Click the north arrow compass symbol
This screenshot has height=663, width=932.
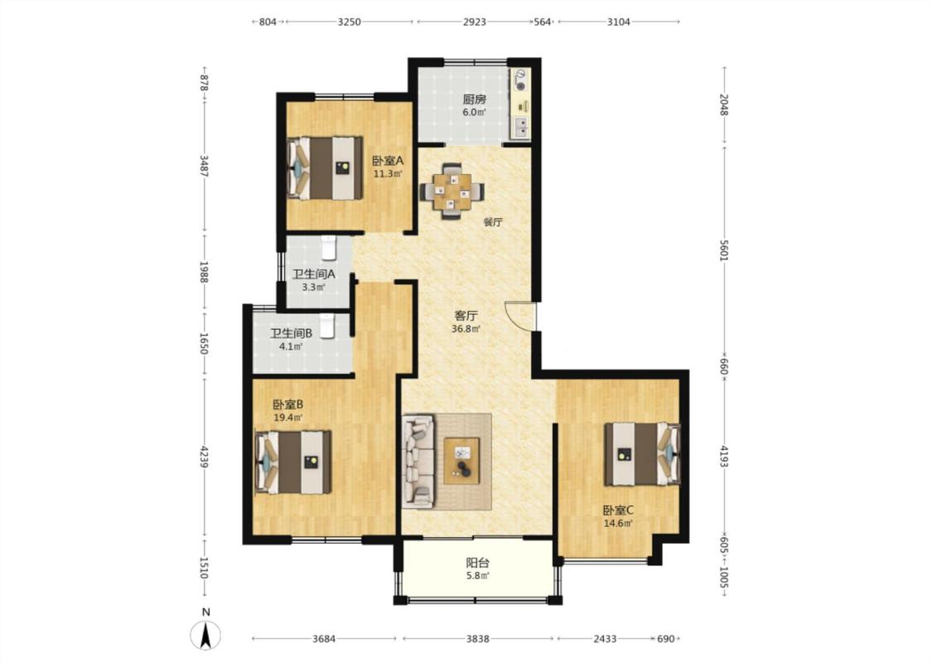205,634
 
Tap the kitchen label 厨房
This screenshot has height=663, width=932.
475,99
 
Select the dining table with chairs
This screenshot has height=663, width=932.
452,193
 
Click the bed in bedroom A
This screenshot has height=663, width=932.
325,168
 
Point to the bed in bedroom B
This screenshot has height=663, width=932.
292,462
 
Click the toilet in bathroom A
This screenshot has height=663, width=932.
329,248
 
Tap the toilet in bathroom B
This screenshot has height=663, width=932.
327,326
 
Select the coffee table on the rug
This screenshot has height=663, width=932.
461,461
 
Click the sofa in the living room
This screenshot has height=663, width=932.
418,462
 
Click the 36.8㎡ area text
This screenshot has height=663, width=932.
466,328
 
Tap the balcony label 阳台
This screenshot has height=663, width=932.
477,563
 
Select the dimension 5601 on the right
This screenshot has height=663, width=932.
723,249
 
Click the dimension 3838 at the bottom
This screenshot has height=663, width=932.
477,639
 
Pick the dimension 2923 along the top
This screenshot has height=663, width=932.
475,22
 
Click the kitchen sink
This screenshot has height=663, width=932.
521,128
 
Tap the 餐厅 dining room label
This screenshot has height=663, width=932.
493,222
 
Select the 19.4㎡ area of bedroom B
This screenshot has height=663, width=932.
287,418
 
